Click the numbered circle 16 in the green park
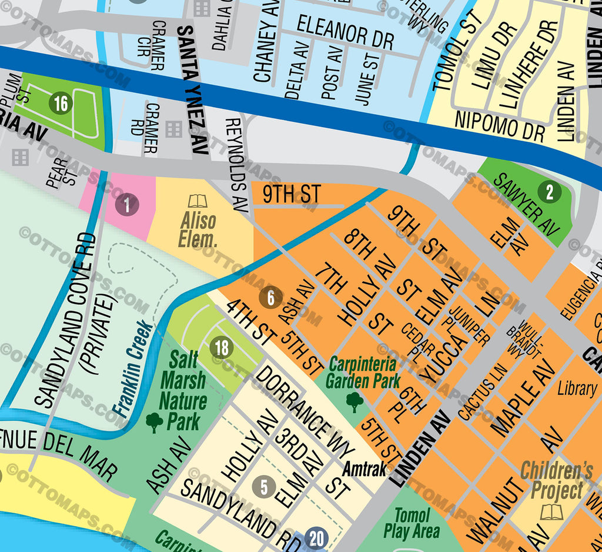tap(61, 104)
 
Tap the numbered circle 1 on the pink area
tap(126, 205)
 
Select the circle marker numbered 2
tap(550, 192)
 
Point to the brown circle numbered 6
tap(270, 298)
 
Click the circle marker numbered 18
tap(222, 348)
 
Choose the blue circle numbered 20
tap(317, 537)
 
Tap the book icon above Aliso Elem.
tap(198, 201)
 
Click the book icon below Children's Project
tap(551, 511)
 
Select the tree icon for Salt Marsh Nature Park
tap(154, 421)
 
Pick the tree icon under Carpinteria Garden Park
tap(354, 401)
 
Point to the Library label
tap(577, 388)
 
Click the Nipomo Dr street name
tap(499, 125)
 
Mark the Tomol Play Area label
tap(412, 523)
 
